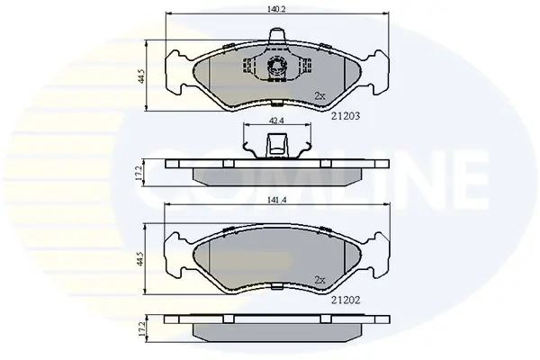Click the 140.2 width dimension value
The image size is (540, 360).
click(277, 9)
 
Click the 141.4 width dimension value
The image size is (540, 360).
click(277, 200)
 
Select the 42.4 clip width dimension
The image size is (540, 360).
click(277, 121)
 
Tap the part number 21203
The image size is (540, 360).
click(346, 116)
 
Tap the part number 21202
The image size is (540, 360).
click(346, 301)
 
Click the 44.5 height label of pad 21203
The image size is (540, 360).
click(141, 76)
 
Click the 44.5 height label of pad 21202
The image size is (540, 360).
click(139, 258)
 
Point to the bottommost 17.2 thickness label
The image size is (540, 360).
click(139, 329)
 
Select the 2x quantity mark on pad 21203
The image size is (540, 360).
click(319, 96)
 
